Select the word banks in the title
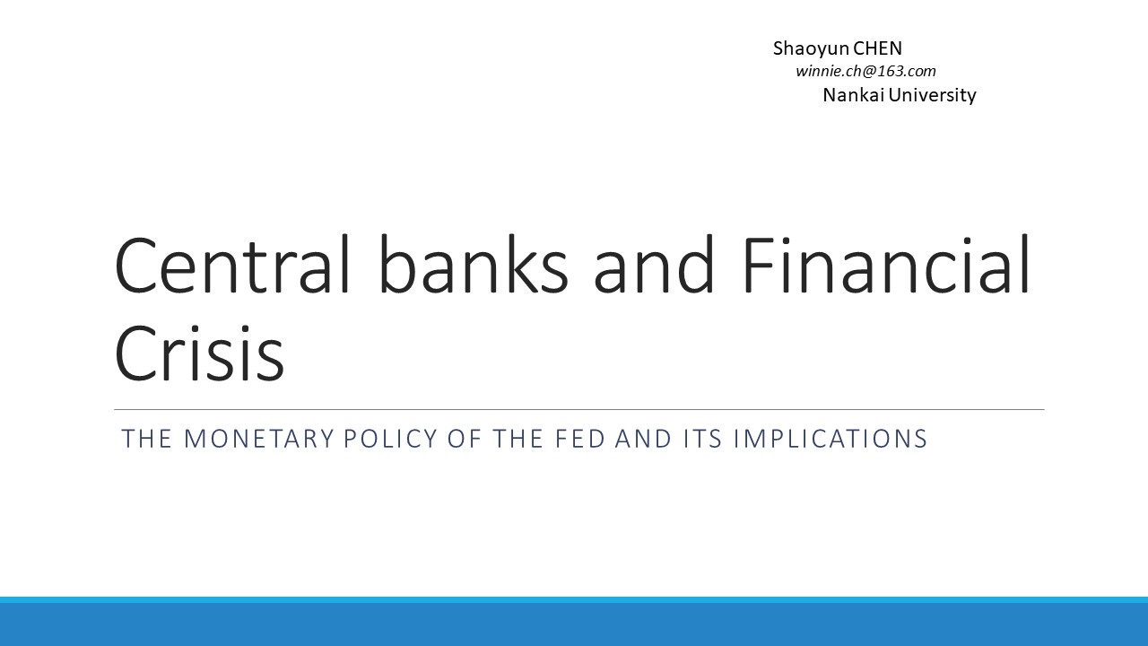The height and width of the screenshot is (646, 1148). click(x=474, y=265)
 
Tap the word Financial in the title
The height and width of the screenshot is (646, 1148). click(x=886, y=265)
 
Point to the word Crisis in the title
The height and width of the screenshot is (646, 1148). click(x=199, y=354)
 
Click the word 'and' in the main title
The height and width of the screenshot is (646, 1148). click(x=654, y=265)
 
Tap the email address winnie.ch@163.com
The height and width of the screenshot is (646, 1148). click(x=865, y=71)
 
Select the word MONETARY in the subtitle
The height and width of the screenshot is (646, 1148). click(x=259, y=439)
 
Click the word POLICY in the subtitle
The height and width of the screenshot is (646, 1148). click(x=390, y=439)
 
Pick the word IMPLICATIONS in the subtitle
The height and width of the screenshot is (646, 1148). click(x=831, y=439)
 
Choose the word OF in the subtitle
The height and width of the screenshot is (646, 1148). click(x=465, y=439)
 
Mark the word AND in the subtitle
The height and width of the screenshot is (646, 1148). click(x=643, y=439)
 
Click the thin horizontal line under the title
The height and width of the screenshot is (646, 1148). click(x=579, y=410)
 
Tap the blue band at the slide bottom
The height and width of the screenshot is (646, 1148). click(x=574, y=622)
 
